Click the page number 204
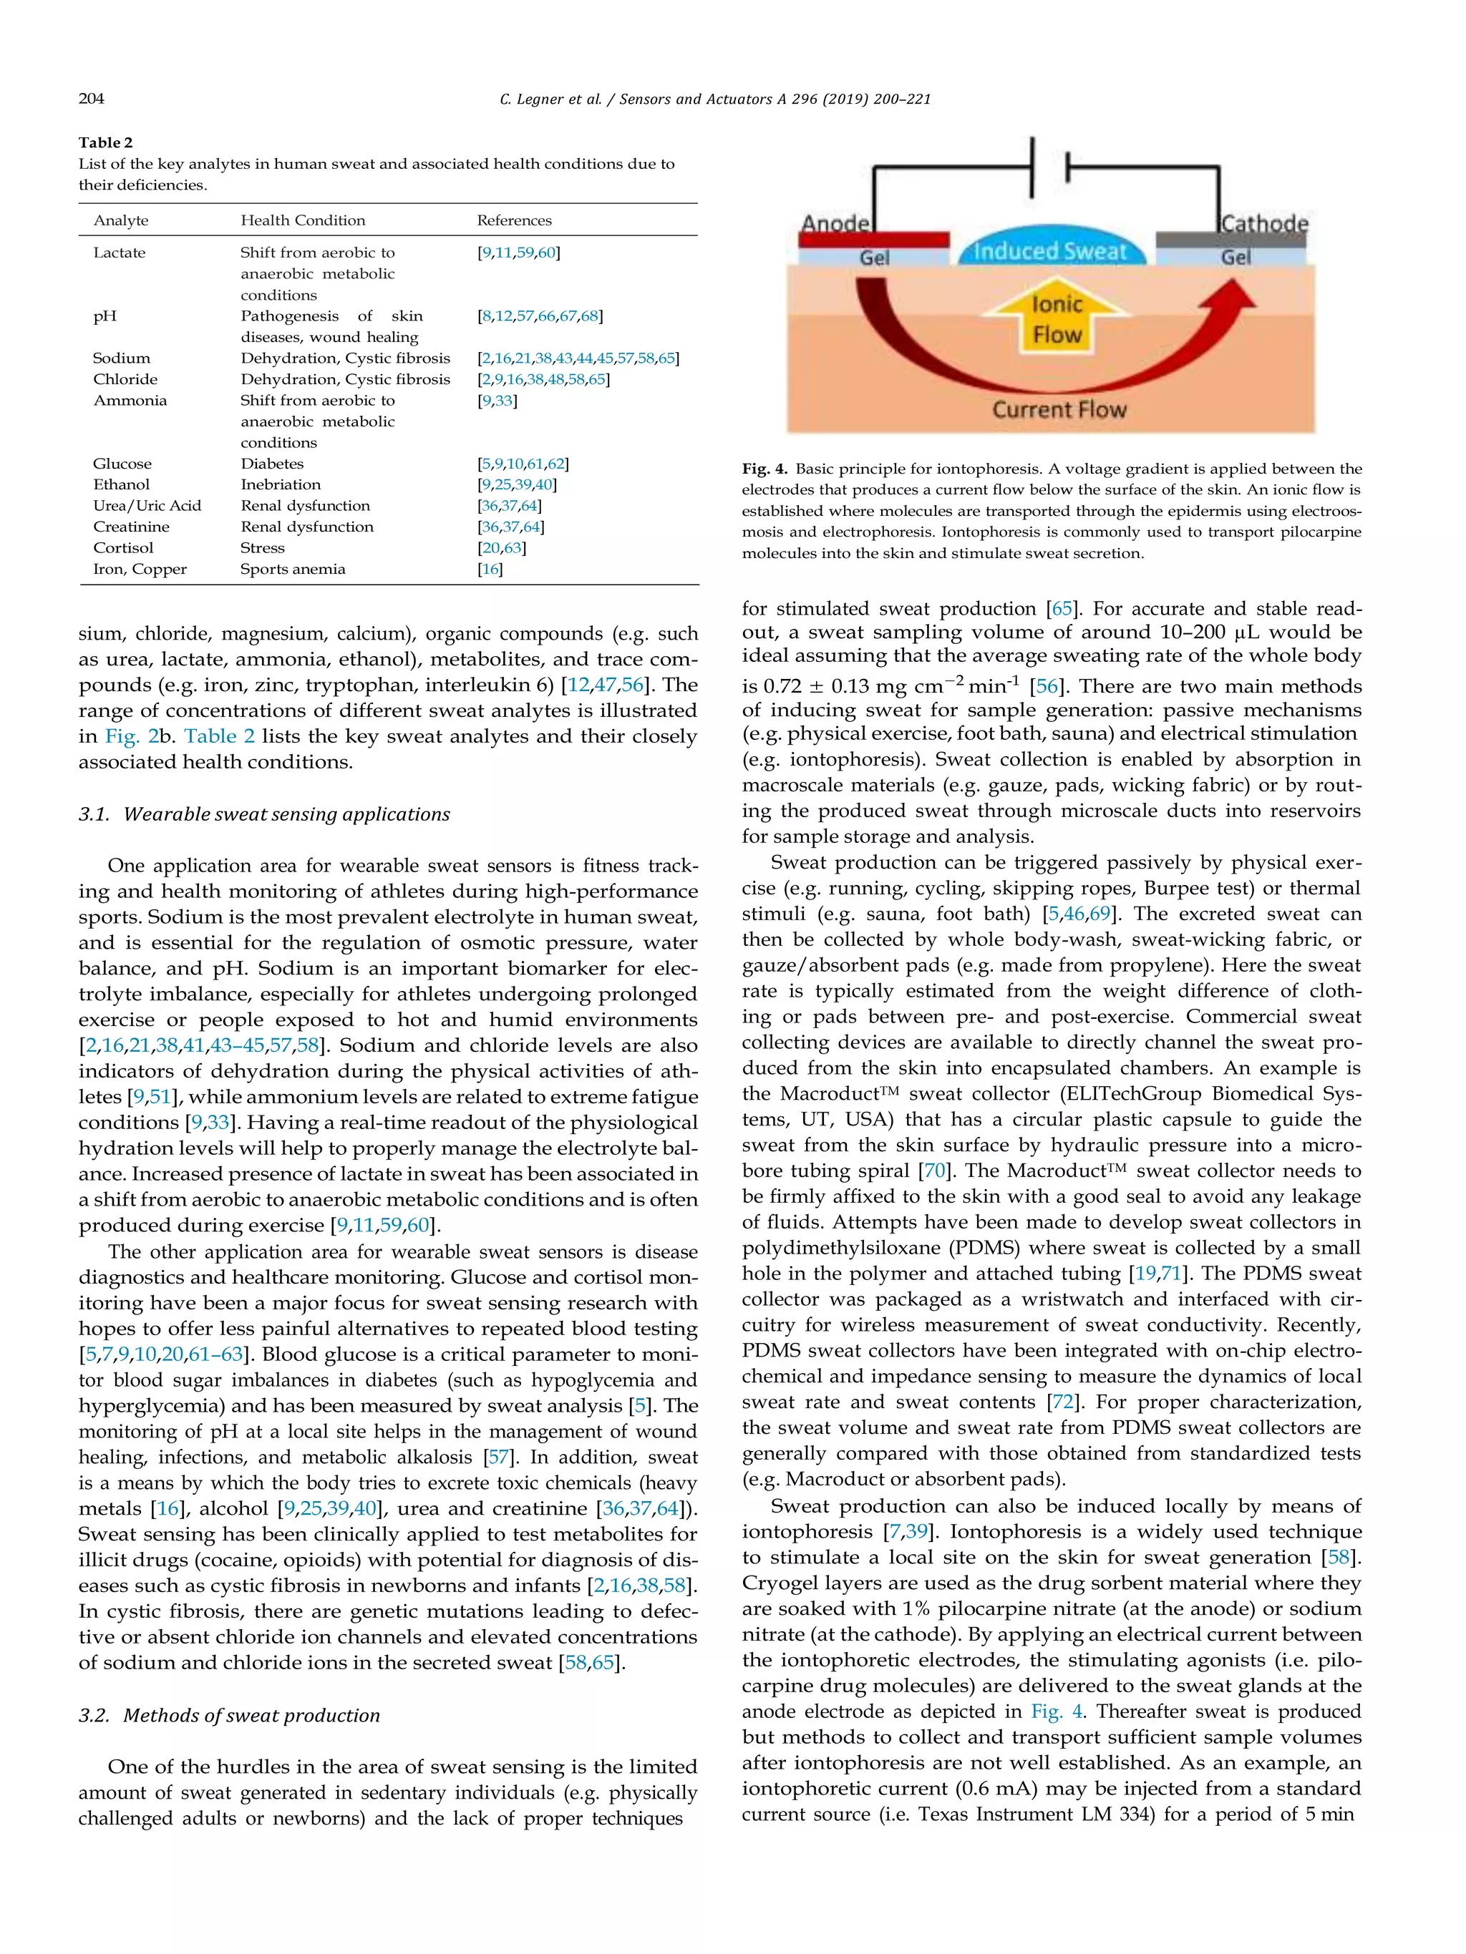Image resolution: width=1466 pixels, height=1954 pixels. [x=91, y=99]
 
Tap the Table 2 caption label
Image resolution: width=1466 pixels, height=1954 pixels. [x=105, y=142]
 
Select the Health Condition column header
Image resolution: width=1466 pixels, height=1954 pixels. [x=302, y=220]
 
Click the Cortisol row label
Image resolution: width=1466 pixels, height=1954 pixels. [x=123, y=547]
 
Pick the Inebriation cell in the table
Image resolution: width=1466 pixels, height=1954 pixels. [x=280, y=484]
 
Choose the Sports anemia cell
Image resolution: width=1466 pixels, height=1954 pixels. [x=293, y=569]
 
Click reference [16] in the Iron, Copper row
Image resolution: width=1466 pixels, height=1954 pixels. [x=490, y=569]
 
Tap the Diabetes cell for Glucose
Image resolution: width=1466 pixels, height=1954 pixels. [x=271, y=464]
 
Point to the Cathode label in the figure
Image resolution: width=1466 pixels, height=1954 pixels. [x=1263, y=223]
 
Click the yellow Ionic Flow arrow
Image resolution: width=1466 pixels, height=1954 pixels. [x=1057, y=318]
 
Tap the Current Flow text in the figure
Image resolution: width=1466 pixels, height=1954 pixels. [x=1059, y=410]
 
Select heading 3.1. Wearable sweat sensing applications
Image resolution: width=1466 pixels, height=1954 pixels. [x=264, y=814]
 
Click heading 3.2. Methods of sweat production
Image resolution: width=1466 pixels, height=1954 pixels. [x=229, y=1716]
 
